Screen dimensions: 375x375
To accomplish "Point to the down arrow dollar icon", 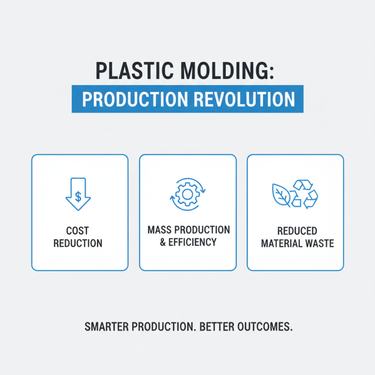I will (78, 194).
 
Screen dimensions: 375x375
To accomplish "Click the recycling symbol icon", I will (305, 194).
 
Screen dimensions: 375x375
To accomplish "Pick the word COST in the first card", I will (78, 232).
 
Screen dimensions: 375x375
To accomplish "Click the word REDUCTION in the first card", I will (78, 244).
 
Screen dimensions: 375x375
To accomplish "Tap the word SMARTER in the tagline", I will (107, 327).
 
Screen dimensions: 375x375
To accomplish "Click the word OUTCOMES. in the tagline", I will (266, 327).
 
